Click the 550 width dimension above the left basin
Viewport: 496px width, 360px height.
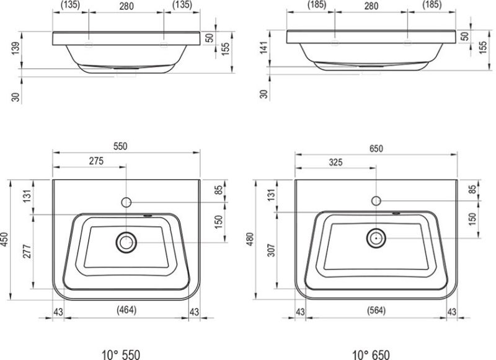pyautogui.click(x=120, y=146)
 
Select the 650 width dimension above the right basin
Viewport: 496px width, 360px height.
pyautogui.click(x=376, y=149)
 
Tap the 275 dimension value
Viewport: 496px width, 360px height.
pyautogui.click(x=96, y=161)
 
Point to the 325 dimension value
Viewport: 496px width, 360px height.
pyautogui.click(x=335, y=162)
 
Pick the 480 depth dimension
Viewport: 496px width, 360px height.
pyautogui.click(x=250, y=239)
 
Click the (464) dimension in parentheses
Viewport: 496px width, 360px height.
pyautogui.click(x=126, y=310)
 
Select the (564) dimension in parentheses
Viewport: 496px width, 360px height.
pyautogui.click(x=376, y=310)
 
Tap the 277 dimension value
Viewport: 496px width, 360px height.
pyautogui.click(x=27, y=252)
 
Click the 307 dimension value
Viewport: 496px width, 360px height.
pyautogui.click(x=272, y=250)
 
